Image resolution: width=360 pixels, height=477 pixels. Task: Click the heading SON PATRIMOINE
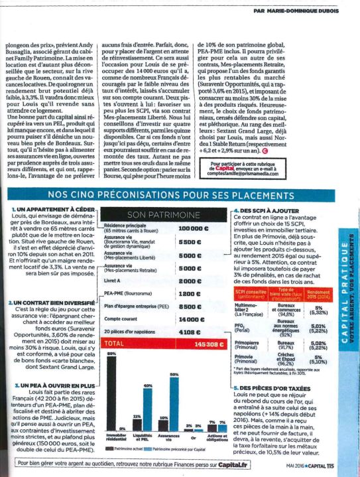[162, 216]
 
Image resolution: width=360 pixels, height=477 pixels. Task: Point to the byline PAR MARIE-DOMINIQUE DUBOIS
[300, 9]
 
